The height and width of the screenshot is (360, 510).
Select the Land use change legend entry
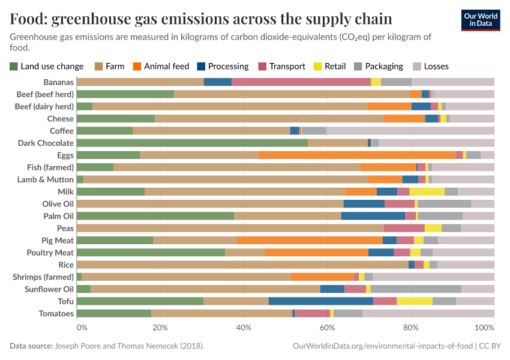point(47,66)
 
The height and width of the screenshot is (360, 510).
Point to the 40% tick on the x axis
point(244,328)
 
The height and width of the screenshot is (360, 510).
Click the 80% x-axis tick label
point(410,328)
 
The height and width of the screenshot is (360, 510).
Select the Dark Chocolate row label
point(46,143)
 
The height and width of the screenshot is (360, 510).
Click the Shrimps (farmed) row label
point(43,277)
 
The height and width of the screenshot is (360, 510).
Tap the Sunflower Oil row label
point(47,289)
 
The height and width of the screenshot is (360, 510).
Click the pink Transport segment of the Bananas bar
point(301,82)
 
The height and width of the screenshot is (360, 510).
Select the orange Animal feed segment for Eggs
point(357,155)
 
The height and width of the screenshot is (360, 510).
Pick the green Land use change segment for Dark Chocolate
point(192,143)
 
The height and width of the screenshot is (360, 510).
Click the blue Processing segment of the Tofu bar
point(321,301)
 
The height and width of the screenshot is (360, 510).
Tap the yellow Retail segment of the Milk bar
point(427,191)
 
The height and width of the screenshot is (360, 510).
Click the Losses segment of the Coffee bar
point(410,130)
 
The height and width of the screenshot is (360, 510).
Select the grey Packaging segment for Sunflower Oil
point(416,289)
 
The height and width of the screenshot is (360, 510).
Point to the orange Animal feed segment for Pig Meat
point(310,240)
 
